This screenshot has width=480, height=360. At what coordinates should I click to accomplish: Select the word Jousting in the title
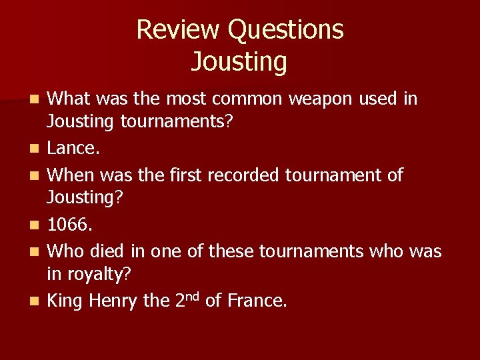point(239,61)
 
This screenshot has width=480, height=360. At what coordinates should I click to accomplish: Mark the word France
point(257,301)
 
